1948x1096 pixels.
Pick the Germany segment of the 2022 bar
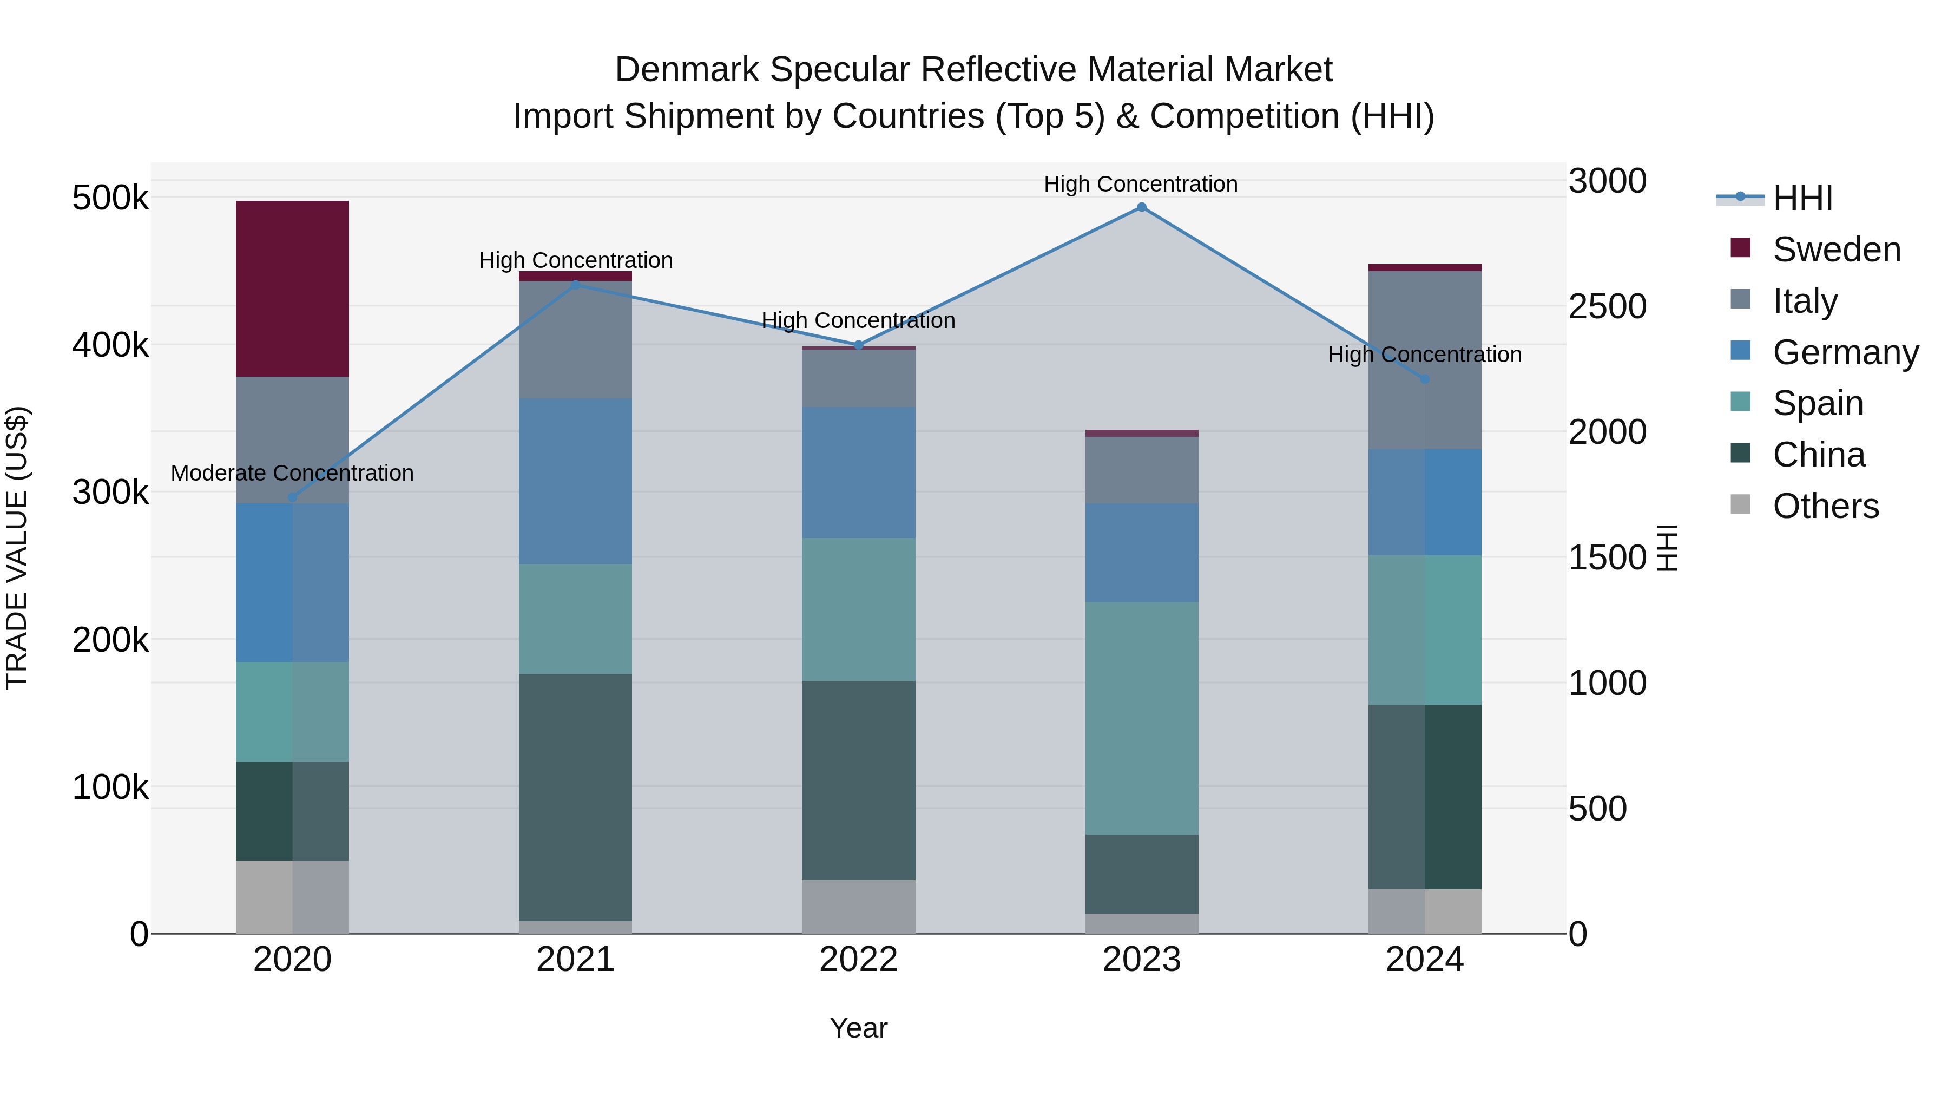858,472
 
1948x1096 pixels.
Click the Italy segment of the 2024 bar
1424,360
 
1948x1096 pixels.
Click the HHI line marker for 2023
1141,207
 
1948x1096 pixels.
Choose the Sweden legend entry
1836,250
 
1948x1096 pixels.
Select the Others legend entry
1826,506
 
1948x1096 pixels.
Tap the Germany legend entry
1845,352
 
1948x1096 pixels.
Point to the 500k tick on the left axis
110,198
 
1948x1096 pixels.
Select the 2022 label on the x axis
858,960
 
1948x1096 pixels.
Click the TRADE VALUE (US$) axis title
17,548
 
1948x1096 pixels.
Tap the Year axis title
858,1028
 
